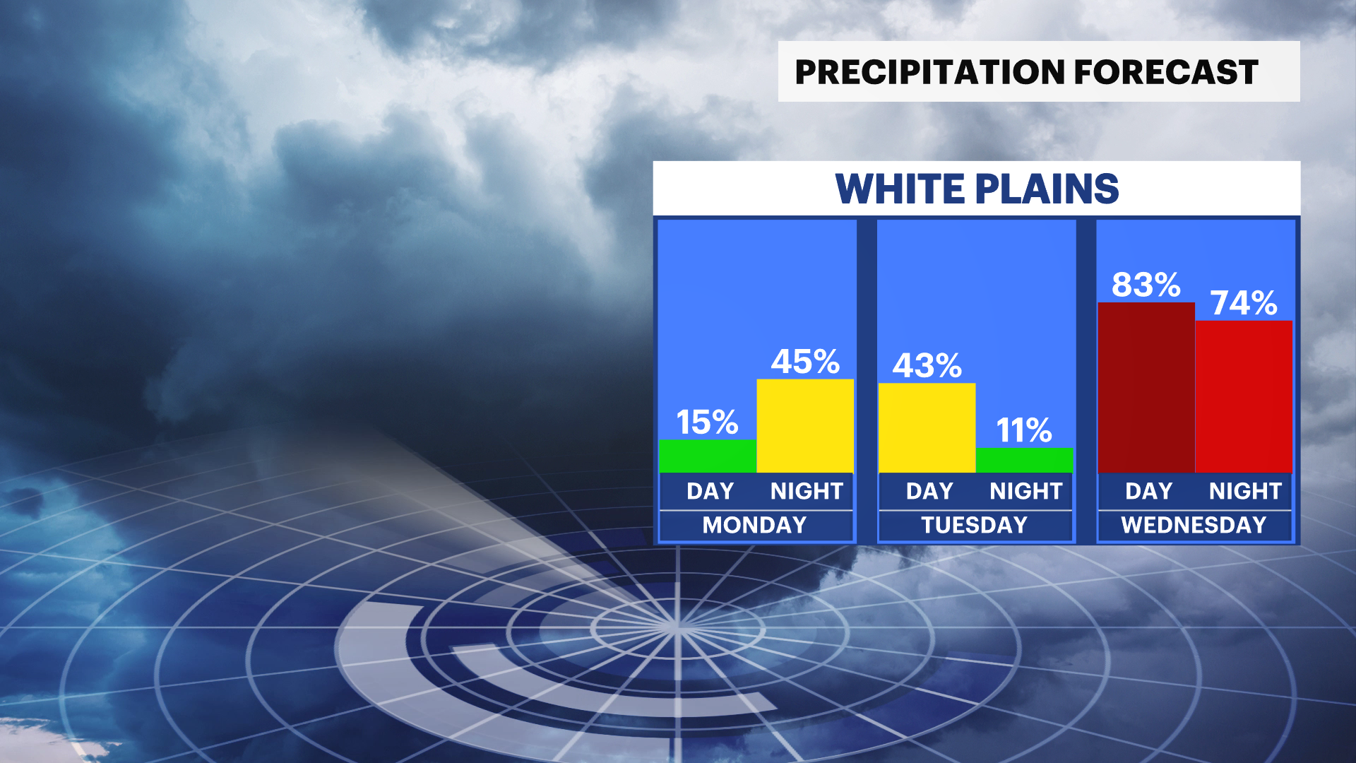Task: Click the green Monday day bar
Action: (x=708, y=456)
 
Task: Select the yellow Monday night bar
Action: (x=805, y=426)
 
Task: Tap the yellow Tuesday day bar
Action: (x=927, y=428)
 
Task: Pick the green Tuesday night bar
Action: (x=1024, y=461)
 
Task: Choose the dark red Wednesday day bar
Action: (x=1146, y=388)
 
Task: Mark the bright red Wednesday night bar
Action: (x=1244, y=397)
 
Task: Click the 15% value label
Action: (x=707, y=422)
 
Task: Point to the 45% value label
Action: (x=805, y=362)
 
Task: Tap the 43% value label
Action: (x=927, y=366)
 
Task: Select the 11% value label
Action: (x=1024, y=430)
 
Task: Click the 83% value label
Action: (x=1146, y=285)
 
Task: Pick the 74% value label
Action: (x=1244, y=303)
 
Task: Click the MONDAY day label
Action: (x=754, y=525)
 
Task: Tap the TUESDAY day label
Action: (x=974, y=525)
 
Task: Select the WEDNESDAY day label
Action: (x=1194, y=525)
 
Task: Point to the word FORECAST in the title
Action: (x=1166, y=72)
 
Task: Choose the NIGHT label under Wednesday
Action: (x=1245, y=491)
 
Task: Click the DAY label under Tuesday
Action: (x=929, y=491)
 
